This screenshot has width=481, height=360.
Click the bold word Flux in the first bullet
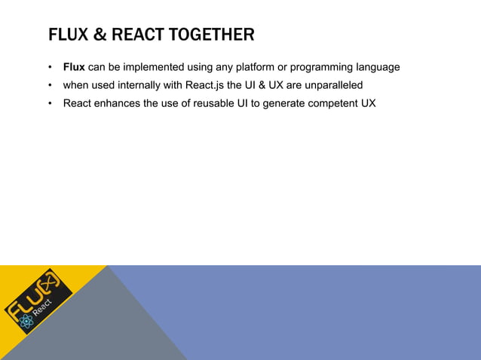74,67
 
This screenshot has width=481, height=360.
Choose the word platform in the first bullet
256,67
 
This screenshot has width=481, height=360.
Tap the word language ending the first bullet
375,67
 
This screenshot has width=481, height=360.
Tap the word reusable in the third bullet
215,103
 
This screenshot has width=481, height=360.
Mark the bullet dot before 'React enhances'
51,103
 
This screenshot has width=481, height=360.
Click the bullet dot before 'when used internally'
51,85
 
